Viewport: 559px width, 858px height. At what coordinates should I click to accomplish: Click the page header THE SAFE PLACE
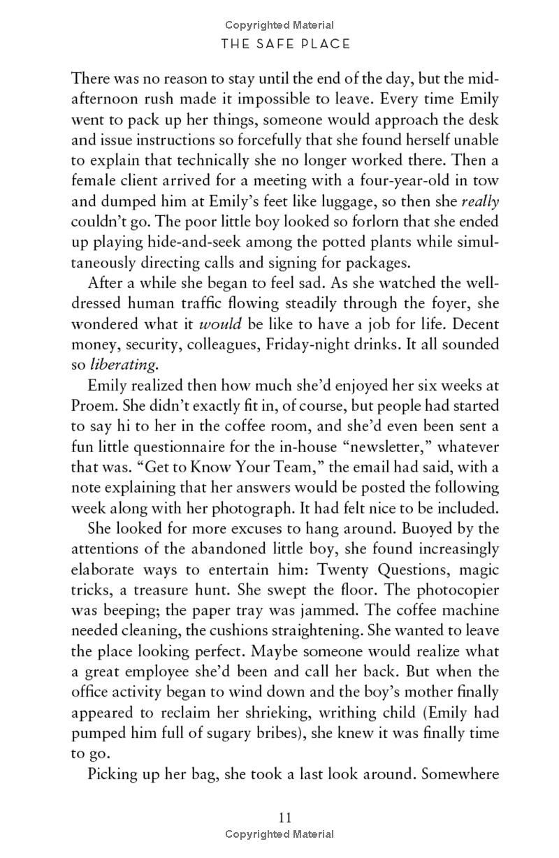[x=285, y=45]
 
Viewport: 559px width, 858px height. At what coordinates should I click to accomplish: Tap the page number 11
[x=284, y=818]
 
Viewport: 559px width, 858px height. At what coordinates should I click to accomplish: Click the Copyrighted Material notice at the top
[x=279, y=26]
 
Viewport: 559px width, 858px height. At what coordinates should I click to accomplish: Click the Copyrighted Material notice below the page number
[x=279, y=834]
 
